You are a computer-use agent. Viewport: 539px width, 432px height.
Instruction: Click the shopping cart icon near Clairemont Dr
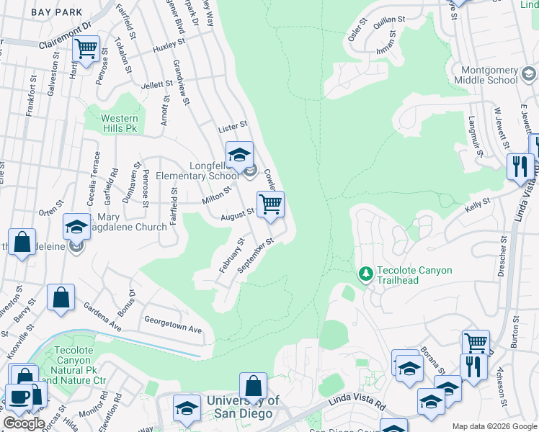(x=86, y=50)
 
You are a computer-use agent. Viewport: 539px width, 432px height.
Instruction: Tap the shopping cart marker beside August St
(x=270, y=204)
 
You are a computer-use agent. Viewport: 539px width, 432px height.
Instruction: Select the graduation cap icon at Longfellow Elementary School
(x=239, y=153)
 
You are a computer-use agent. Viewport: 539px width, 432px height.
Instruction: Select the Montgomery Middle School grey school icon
(x=528, y=73)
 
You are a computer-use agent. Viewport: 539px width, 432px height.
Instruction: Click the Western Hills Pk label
(x=118, y=123)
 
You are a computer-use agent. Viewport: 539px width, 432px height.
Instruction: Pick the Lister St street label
(x=233, y=127)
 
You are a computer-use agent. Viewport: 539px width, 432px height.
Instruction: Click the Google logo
(x=24, y=423)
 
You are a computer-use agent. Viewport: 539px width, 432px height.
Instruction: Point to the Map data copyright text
(x=494, y=426)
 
